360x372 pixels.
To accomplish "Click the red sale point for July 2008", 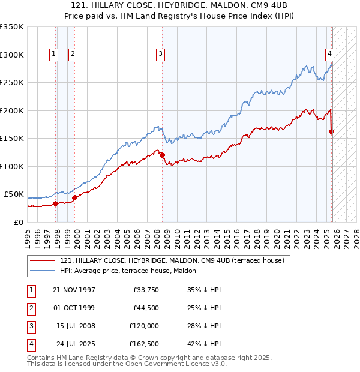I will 162,155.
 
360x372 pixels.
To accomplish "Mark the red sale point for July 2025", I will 332,131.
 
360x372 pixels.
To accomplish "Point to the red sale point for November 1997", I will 56,203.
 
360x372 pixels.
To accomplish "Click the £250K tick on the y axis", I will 12,82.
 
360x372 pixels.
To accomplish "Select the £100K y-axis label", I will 12,166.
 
